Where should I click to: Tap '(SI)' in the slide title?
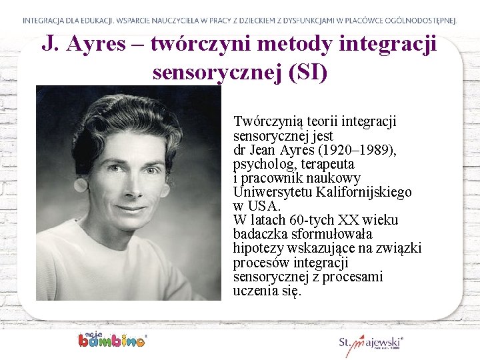(305, 71)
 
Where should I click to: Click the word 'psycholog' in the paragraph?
(261, 164)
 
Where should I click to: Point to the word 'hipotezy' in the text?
(259, 248)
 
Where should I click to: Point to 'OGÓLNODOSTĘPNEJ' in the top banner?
(420, 21)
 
